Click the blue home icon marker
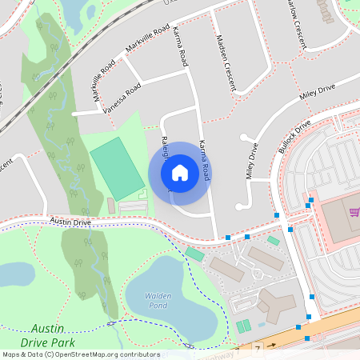(179, 172)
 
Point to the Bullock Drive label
(293, 138)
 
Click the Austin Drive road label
(70, 222)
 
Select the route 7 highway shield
(258, 350)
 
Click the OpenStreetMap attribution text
(81, 354)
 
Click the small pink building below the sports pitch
(111, 206)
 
